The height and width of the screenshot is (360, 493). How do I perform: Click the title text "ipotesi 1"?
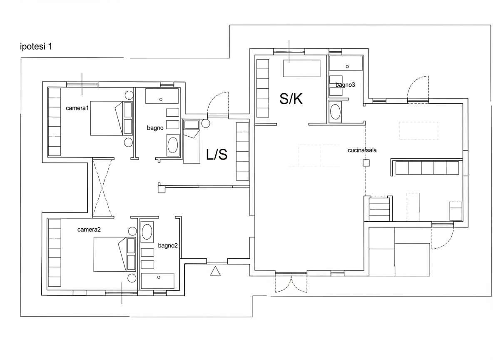coord(36,47)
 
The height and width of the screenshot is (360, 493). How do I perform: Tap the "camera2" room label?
coord(89,230)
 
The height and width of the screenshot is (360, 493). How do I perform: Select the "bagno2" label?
coord(168,245)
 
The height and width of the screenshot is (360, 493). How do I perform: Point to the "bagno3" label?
coord(345,85)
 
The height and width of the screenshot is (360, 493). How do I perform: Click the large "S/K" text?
coord(291,99)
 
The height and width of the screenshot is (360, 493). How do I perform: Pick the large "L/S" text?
coord(217,154)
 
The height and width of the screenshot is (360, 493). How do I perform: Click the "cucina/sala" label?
coord(362,150)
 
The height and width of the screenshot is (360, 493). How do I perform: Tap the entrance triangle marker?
coord(215,271)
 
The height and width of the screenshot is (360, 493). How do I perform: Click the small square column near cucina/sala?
coord(366,163)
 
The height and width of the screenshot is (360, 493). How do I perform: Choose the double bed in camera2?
coord(110,254)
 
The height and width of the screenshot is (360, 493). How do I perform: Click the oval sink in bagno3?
coord(335,112)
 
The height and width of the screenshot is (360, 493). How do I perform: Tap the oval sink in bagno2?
coord(147,232)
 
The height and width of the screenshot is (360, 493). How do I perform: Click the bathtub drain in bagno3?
coord(347,67)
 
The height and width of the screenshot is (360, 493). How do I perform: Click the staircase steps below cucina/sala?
coord(379,209)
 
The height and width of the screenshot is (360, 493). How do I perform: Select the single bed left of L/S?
coord(192,142)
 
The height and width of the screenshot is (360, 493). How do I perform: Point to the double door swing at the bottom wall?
coord(291,284)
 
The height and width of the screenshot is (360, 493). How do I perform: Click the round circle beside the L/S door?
coord(206,123)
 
